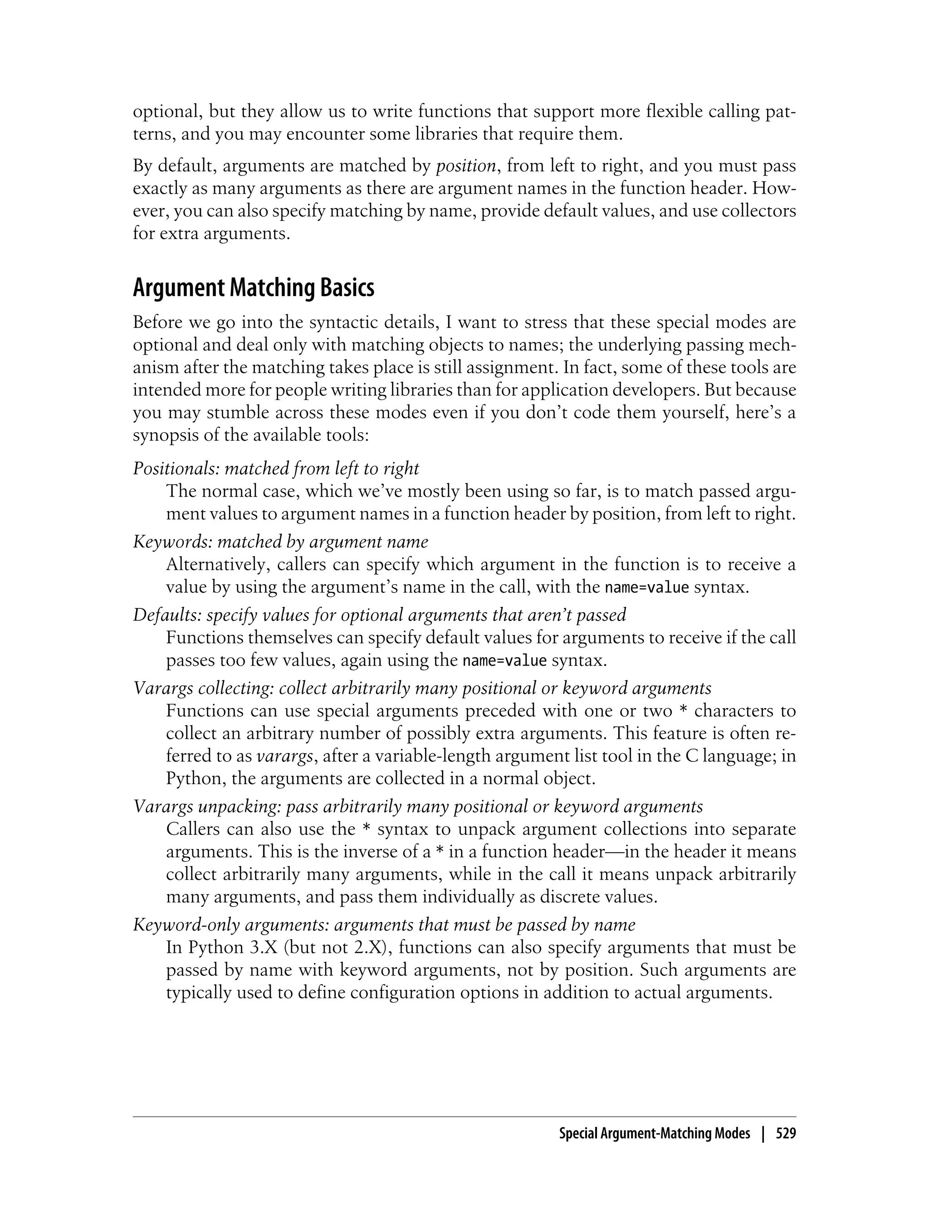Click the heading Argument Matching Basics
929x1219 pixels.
253,288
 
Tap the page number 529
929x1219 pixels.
786,1134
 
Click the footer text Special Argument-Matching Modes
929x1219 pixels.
654,1134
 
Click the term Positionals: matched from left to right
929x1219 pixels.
276,469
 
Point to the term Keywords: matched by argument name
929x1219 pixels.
280,542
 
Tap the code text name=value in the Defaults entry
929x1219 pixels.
504,661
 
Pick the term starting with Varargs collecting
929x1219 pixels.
422,688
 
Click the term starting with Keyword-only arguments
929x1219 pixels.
384,924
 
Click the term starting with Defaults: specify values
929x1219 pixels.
379,615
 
